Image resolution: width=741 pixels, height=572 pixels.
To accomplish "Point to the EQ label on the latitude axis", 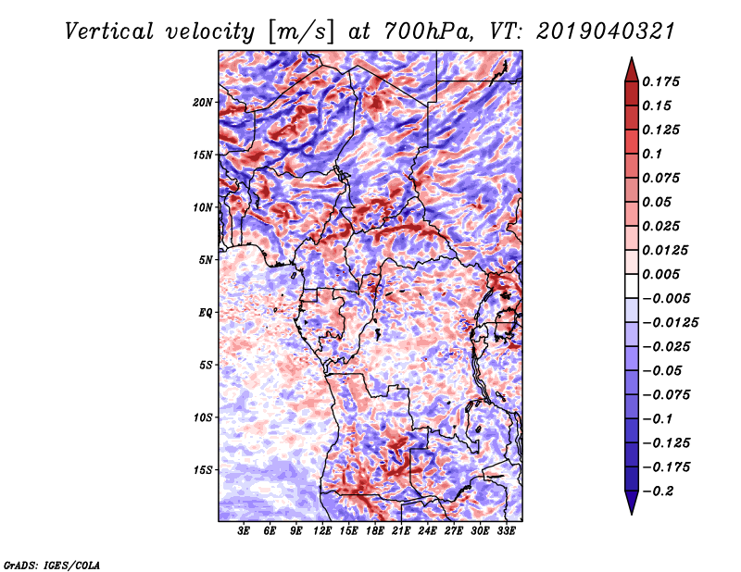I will point(206,313).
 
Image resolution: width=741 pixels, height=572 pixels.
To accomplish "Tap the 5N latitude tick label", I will point(206,260).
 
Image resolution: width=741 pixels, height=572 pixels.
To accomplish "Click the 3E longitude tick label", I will point(245,532).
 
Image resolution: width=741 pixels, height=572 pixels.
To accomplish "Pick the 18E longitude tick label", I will point(375,532).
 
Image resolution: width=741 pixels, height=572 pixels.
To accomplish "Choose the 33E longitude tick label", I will point(506,532).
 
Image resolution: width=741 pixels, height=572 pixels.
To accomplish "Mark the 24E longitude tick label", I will point(427,532).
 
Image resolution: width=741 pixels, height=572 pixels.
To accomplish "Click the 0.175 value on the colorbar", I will point(664,81).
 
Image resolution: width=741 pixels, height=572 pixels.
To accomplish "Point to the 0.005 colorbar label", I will point(664,274).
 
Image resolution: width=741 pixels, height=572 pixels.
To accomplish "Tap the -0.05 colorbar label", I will point(662,370).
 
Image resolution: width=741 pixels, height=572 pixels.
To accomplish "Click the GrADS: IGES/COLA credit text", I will point(51,563).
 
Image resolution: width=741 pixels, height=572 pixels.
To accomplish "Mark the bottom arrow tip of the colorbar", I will point(631,514).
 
